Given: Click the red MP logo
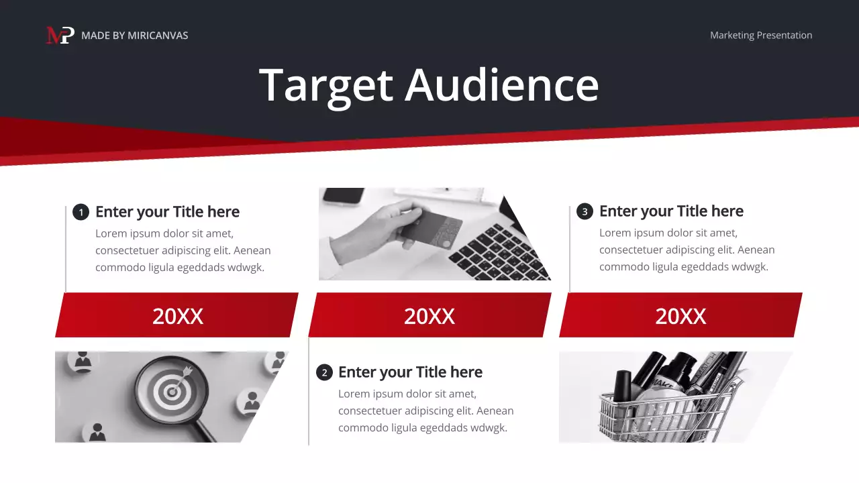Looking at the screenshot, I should [60, 35].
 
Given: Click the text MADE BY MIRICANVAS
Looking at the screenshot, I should [134, 36].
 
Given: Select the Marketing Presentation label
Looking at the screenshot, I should [761, 36].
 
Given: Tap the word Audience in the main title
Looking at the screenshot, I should [501, 85].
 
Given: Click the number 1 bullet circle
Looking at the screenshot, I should [81, 213].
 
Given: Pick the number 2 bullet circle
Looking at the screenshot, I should [324, 373].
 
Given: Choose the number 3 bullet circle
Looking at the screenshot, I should [585, 212].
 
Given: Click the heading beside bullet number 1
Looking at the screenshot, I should [167, 212].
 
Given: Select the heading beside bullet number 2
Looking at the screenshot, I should [410, 372].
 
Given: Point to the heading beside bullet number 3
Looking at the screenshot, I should [671, 211].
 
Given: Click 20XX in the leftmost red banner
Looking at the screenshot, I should [177, 316].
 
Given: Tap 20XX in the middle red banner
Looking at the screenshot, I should [429, 316].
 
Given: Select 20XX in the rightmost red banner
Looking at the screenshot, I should [680, 316].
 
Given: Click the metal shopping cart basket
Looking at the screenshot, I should [644, 416].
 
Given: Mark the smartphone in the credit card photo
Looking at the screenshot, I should [343, 195].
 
